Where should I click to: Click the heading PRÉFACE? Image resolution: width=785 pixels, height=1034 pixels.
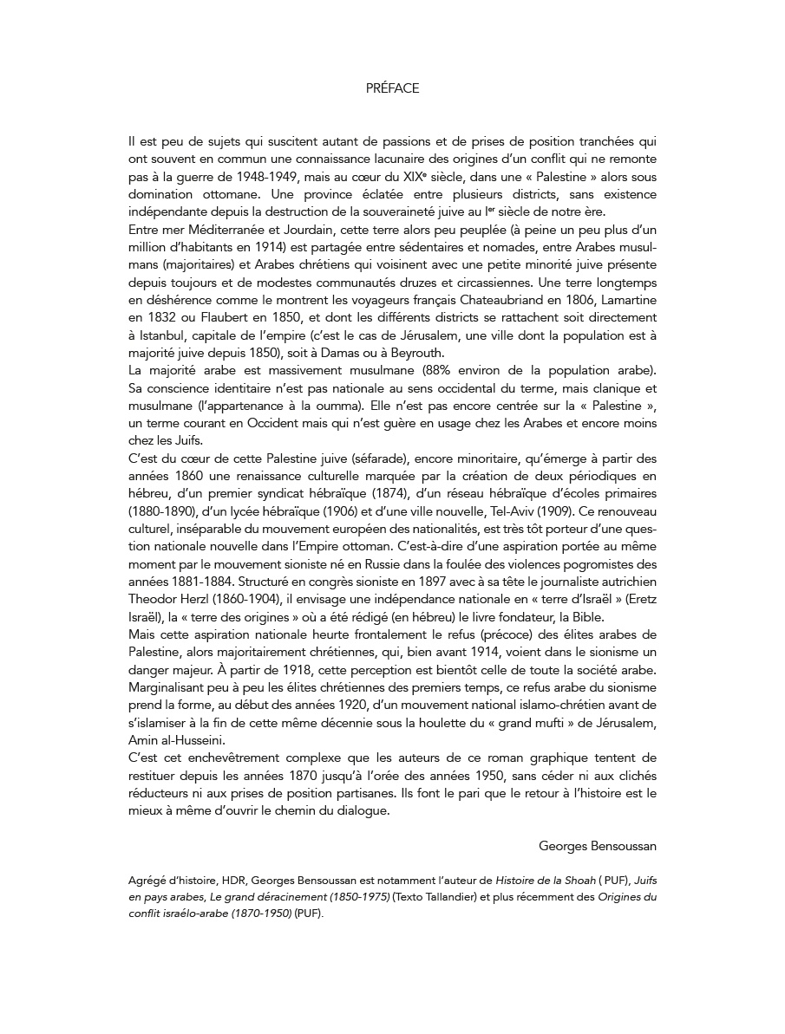pyautogui.click(x=392, y=88)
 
